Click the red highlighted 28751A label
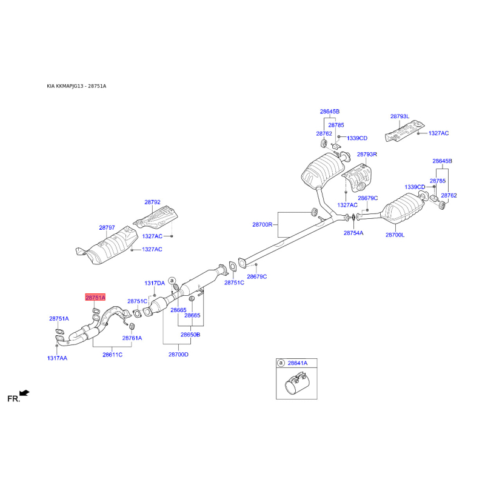pyautogui.click(x=95, y=298)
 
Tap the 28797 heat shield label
pyautogui.click(x=107, y=228)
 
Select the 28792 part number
pyautogui.click(x=153, y=202)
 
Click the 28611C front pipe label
pyautogui.click(x=112, y=355)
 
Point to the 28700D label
pyautogui.click(x=178, y=355)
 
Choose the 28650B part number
pyautogui.click(x=190, y=335)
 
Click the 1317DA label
pyautogui.click(x=155, y=283)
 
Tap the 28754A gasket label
pyautogui.click(x=353, y=233)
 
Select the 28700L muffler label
pyautogui.click(x=395, y=235)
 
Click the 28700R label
pyautogui.click(x=263, y=225)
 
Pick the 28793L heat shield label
pyautogui.click(x=400, y=116)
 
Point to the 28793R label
pyautogui.click(x=367, y=155)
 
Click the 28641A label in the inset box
pyautogui.click(x=298, y=363)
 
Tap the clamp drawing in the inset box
pyautogui.click(x=296, y=384)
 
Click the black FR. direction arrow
pyautogui.click(x=24, y=393)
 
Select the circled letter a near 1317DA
pyautogui.click(x=172, y=281)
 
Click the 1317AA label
pyautogui.click(x=57, y=358)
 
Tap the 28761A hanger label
pyautogui.click(x=132, y=338)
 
